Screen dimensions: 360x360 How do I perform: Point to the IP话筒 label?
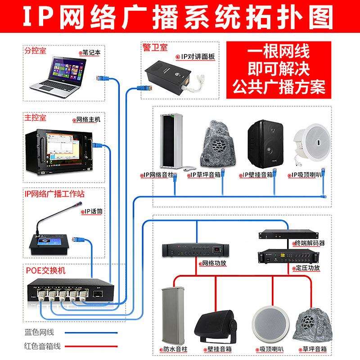[92, 211]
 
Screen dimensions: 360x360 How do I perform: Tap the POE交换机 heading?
[45, 271]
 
